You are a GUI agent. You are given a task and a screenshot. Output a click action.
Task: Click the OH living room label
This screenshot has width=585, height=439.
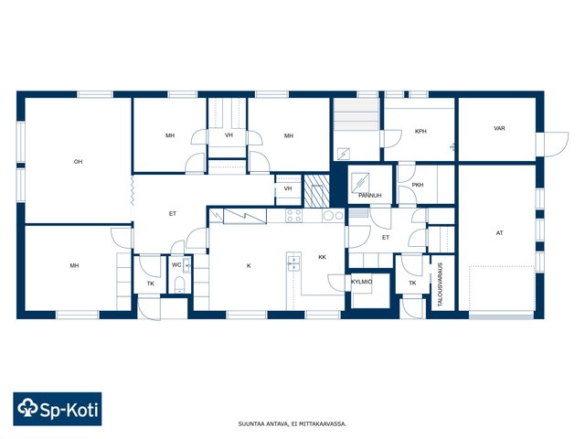78,162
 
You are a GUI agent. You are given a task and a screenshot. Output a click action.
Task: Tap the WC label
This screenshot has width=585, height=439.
176,264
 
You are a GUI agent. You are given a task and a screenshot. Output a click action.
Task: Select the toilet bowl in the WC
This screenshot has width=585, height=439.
179,284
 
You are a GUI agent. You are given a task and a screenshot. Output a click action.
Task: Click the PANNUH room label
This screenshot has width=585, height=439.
369,195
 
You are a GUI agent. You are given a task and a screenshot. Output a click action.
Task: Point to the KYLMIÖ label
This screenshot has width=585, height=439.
362,282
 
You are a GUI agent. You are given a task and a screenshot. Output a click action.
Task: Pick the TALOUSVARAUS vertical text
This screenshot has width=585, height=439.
440,284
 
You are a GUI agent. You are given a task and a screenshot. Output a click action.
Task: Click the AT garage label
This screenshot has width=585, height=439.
500,233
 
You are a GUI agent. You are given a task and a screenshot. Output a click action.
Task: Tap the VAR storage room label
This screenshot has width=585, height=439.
499,128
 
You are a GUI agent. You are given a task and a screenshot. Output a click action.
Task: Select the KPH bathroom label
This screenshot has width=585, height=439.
420,132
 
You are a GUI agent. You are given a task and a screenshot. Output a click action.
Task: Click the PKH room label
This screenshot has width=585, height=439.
418,185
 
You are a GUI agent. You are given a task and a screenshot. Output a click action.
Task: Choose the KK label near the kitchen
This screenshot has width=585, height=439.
322,257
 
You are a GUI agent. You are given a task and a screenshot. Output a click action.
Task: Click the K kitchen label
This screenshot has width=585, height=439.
249,266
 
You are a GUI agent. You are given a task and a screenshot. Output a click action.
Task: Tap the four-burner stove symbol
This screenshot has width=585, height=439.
293,216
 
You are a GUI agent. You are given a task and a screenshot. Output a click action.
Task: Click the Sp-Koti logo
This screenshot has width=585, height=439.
58,409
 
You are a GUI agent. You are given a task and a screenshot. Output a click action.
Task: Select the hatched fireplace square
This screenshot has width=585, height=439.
317,191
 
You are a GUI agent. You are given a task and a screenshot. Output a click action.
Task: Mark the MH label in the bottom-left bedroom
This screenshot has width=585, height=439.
74,266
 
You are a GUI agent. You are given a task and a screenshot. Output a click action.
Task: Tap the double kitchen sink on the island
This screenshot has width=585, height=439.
293,263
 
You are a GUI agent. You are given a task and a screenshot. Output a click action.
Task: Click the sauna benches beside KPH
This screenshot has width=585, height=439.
356,114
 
